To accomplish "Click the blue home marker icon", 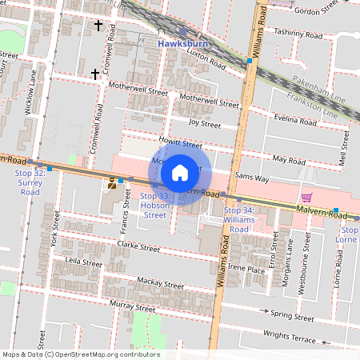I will (180, 172).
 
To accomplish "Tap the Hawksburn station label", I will (183, 43).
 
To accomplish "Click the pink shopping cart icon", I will (306, 197).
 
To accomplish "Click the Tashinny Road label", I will (298, 34).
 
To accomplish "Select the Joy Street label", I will (204, 124).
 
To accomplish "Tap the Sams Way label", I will (252, 177).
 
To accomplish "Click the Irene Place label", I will (246, 269).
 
